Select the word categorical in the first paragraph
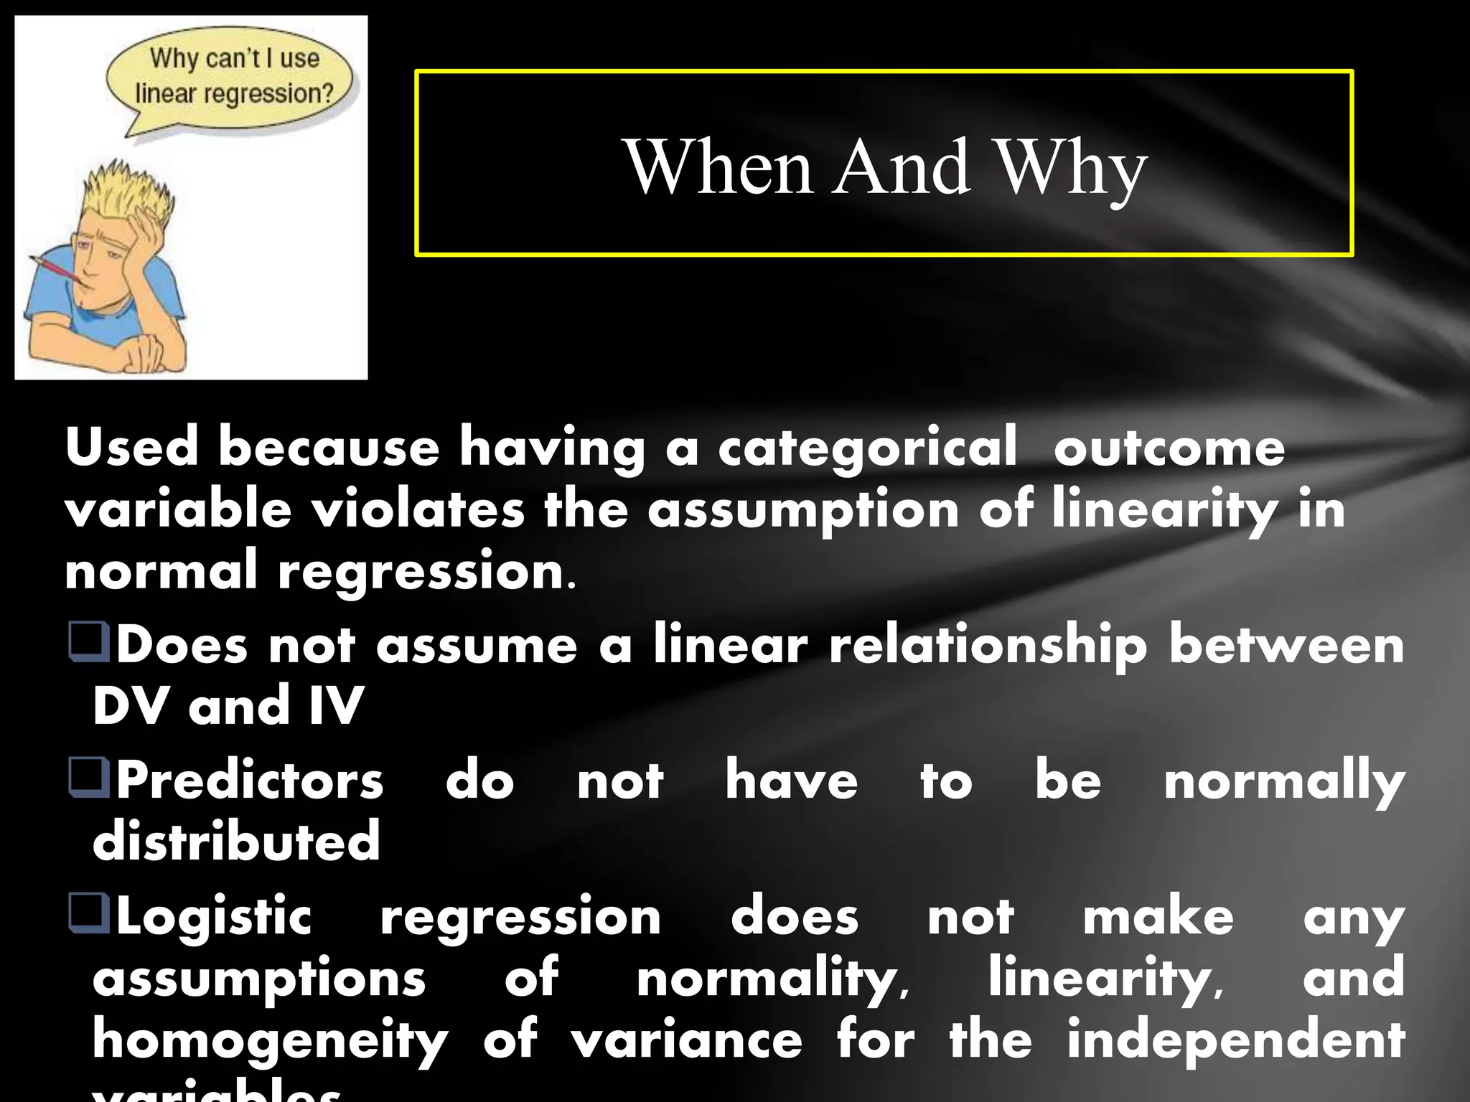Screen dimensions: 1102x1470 pyautogui.click(x=867, y=448)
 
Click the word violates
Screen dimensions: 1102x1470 pyautogui.click(x=418, y=509)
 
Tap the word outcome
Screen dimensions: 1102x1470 pyautogui.click(x=1169, y=448)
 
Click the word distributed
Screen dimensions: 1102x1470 pyautogui.click(x=236, y=841)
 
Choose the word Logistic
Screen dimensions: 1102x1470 pyautogui.click(x=214, y=917)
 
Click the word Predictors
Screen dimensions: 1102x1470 pyautogui.click(x=250, y=781)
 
